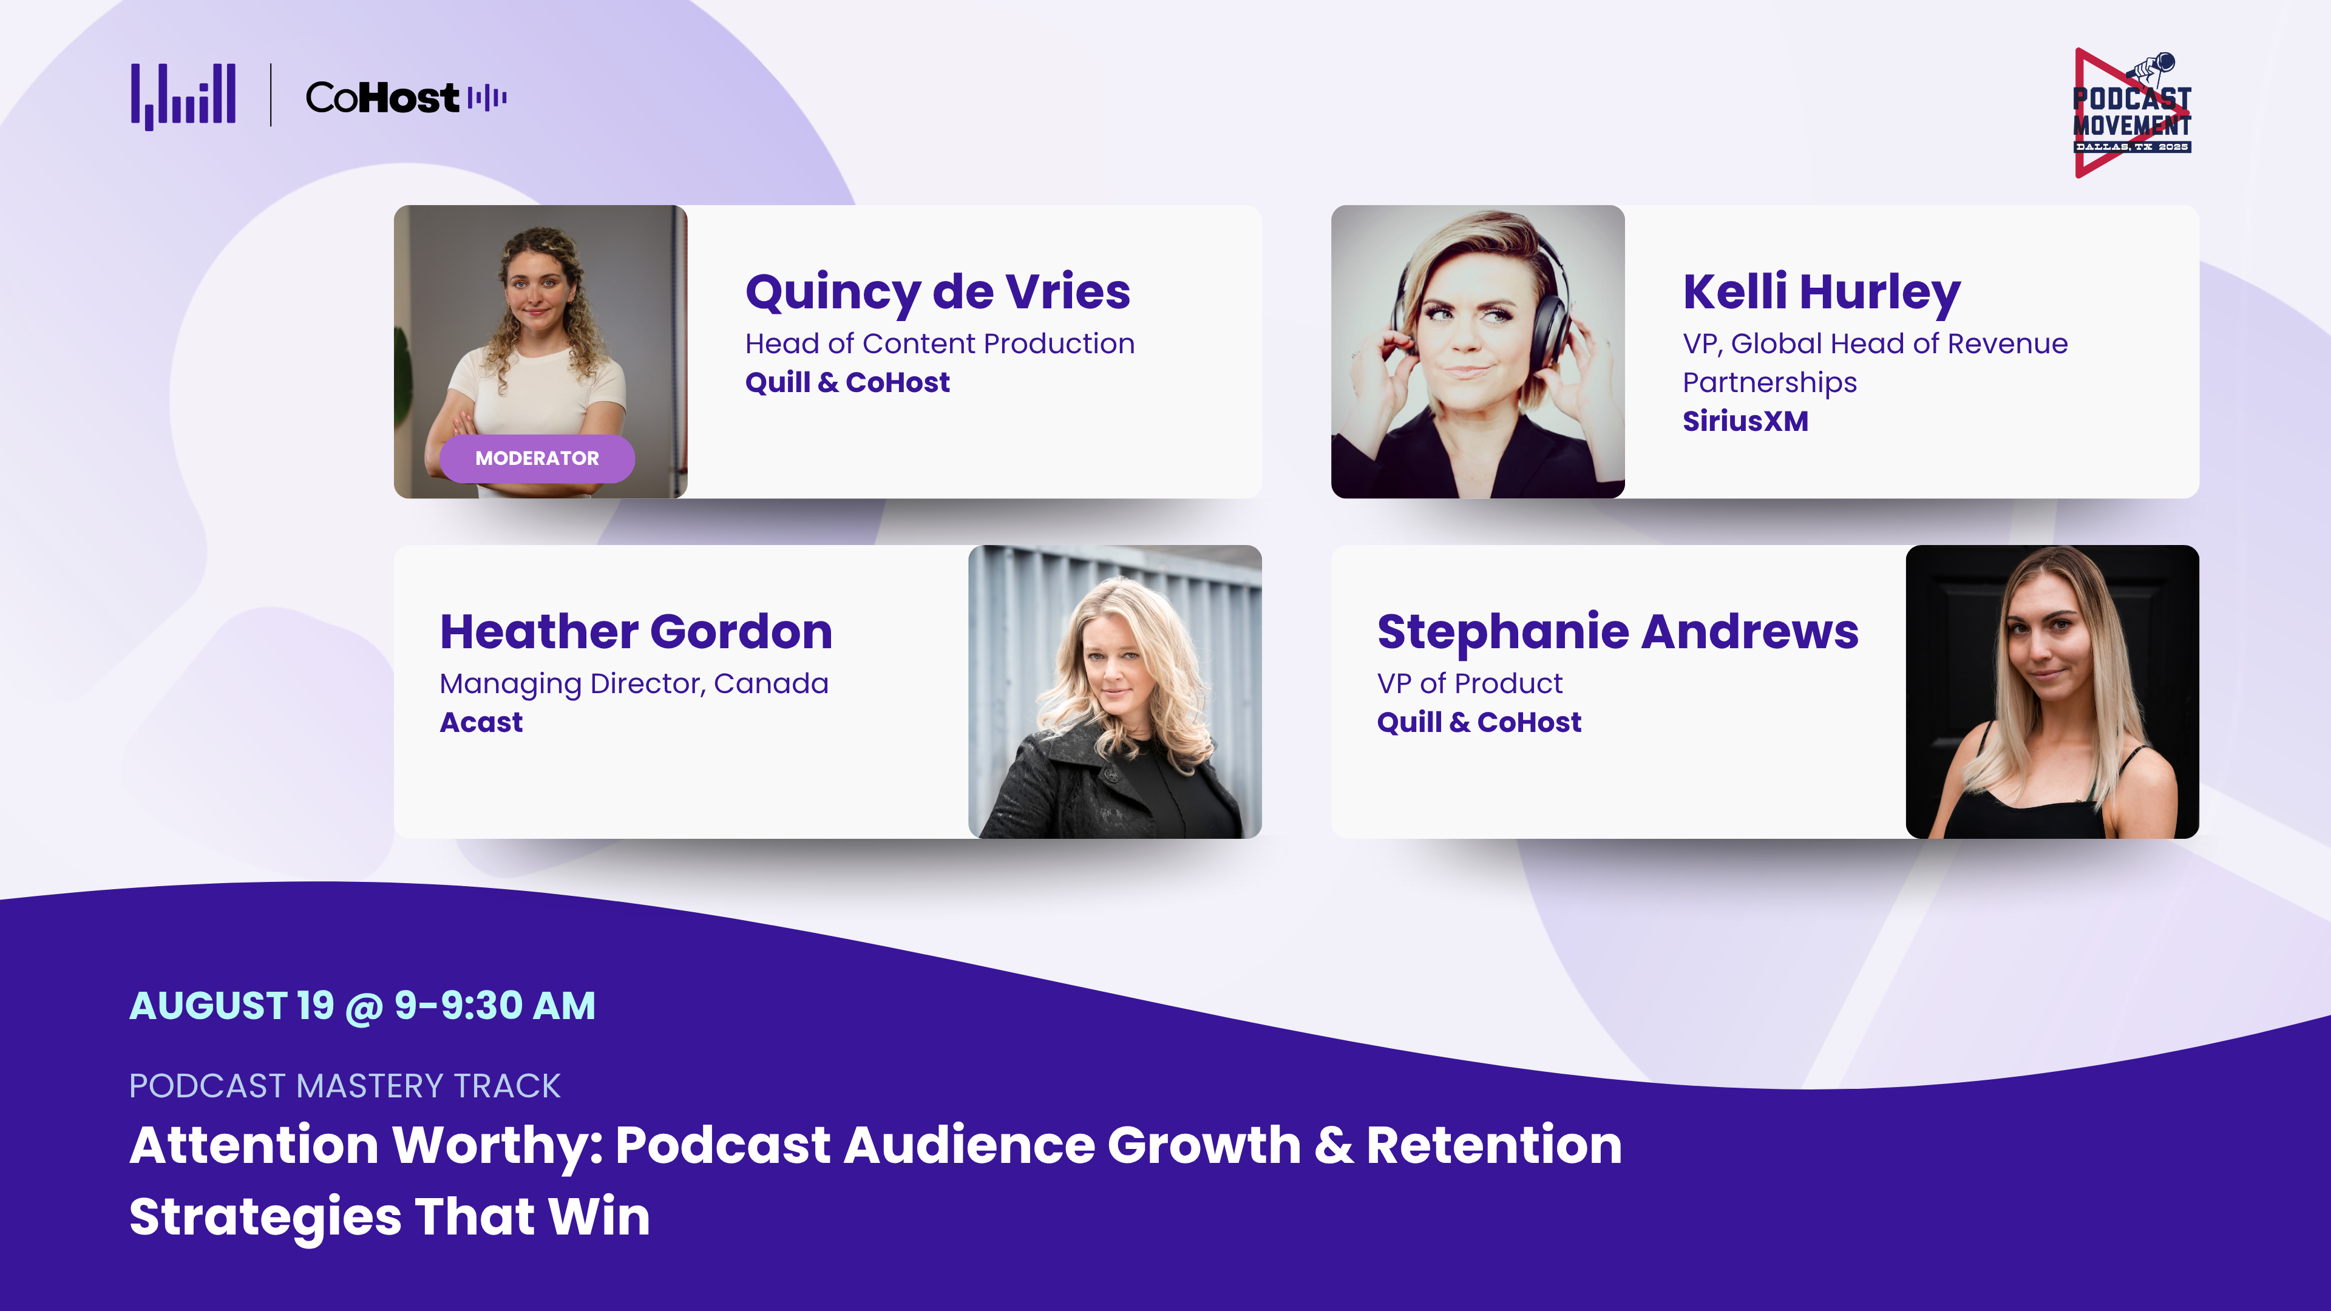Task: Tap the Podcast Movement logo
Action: click(2132, 113)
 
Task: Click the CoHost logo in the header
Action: click(406, 97)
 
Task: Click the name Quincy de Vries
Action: click(937, 291)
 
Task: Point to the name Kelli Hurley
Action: click(1822, 291)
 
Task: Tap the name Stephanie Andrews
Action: click(1618, 631)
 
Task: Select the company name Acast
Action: click(481, 722)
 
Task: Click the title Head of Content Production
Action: click(939, 344)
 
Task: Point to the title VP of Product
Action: click(1470, 683)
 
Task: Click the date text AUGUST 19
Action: click(232, 1005)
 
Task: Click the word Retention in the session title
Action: click(1494, 1145)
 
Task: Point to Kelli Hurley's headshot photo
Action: click(1478, 352)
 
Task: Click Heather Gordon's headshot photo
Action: click(1115, 691)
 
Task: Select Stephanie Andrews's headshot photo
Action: click(2052, 691)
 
